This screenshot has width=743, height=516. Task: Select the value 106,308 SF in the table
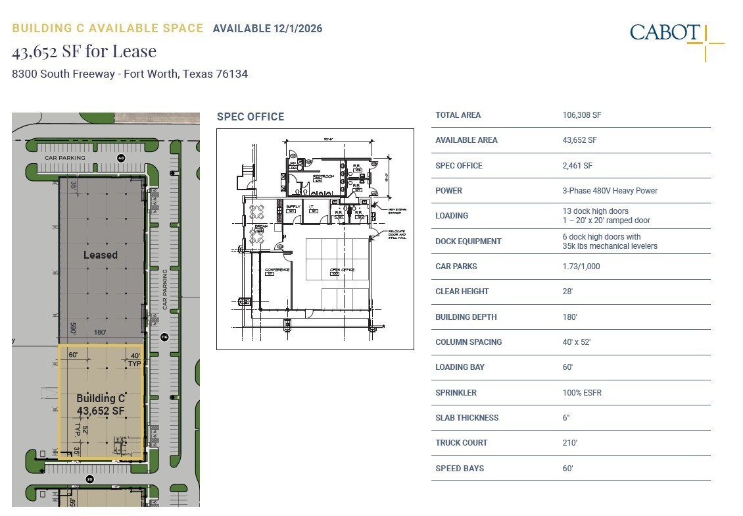582,115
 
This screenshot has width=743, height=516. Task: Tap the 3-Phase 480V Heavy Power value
610,191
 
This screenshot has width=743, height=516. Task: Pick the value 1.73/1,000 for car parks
581,267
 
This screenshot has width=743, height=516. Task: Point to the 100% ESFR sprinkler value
582,393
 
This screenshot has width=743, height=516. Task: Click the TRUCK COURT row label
462,443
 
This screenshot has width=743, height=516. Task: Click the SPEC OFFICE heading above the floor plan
251,117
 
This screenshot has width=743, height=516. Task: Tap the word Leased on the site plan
101,255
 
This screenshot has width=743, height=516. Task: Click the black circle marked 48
121,158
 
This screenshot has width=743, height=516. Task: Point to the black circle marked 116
164,337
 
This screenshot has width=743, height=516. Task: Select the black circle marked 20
90,479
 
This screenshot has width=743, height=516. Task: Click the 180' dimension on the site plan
101,333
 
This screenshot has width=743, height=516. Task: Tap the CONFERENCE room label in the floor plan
277,271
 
